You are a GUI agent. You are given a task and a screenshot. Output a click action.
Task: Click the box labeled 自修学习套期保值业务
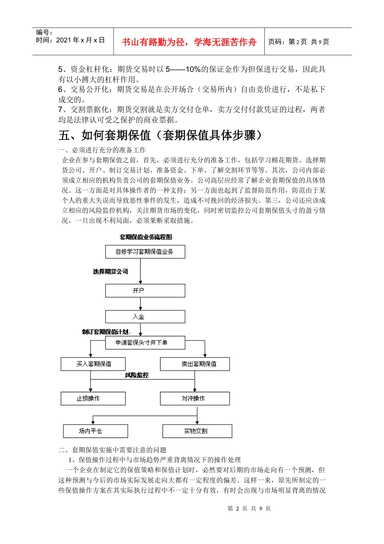pos(145,252)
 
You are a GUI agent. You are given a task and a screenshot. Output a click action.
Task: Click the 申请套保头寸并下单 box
pos(145,343)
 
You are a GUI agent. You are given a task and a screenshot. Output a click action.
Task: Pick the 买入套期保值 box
pos(93,364)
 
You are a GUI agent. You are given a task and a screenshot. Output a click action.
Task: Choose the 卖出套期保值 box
pos(195,364)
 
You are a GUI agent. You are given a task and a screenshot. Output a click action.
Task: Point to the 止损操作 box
pos(93,398)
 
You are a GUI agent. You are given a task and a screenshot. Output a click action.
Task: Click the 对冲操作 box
pos(195,398)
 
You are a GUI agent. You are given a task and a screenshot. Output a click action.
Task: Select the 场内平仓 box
pos(95,431)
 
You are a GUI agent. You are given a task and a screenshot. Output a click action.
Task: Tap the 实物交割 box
pos(197,431)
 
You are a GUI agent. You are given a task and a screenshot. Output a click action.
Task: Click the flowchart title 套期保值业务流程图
pos(146,237)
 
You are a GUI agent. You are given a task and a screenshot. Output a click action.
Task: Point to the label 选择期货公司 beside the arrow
pos(110,272)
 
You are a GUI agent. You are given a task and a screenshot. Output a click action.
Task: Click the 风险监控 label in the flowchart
pos(137,375)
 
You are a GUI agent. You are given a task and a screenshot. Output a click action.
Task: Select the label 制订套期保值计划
pos(105,332)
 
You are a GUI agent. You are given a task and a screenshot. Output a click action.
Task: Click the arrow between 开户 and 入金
pos(141,304)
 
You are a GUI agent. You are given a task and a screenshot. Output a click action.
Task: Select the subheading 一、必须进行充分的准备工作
pos(102,150)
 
